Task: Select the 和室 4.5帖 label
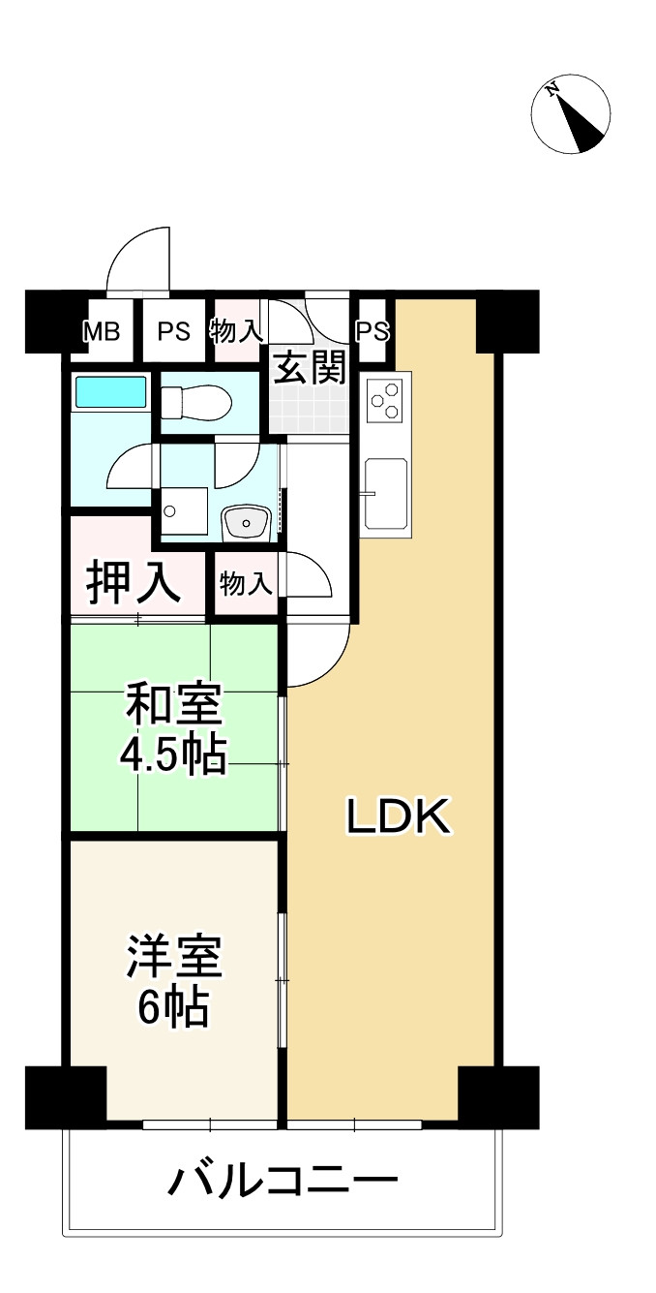pyautogui.click(x=174, y=729)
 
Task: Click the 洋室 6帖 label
pyautogui.click(x=174, y=981)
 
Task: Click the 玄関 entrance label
pyautogui.click(x=309, y=368)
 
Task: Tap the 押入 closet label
pyautogui.click(x=133, y=581)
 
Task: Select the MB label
pyautogui.click(x=101, y=331)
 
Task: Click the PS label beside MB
pyautogui.click(x=174, y=331)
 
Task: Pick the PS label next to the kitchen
pyautogui.click(x=372, y=331)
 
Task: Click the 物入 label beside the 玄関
pyautogui.click(x=236, y=331)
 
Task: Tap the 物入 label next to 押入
pyautogui.click(x=245, y=584)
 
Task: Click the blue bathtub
pyautogui.click(x=110, y=392)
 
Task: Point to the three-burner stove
pyautogui.click(x=385, y=401)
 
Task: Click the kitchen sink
pyautogui.click(x=386, y=492)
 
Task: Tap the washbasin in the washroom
pyautogui.click(x=248, y=523)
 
